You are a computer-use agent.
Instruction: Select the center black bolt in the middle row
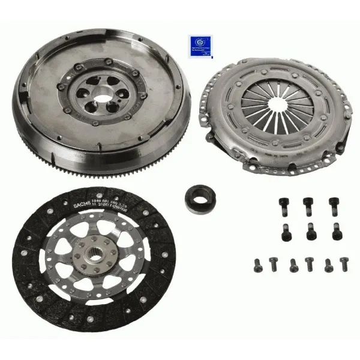tap(310, 233)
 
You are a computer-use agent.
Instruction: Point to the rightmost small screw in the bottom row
tap(344, 263)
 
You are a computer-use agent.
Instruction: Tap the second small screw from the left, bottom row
tap(274, 263)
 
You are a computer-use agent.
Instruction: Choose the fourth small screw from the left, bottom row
tap(310, 263)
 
